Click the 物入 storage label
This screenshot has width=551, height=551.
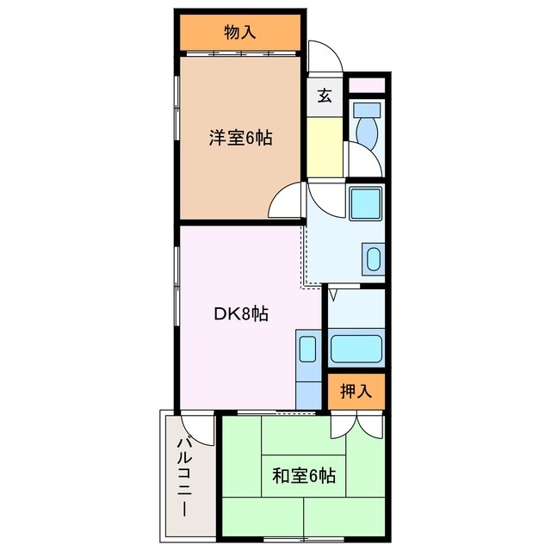point(240,34)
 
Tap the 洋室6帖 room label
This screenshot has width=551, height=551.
point(240,138)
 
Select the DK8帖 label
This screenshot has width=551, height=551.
point(241,314)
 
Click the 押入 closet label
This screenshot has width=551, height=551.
point(356,392)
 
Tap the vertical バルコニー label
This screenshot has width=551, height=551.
point(184,476)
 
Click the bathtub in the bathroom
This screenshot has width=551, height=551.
point(356,350)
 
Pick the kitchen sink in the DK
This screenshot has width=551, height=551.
point(307,348)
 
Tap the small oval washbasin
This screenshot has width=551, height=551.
point(373,259)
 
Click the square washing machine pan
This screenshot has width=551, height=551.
point(366,205)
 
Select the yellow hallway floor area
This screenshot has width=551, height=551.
point(325,147)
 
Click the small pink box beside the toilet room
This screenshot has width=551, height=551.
point(367,85)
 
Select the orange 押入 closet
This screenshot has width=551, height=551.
point(356,393)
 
